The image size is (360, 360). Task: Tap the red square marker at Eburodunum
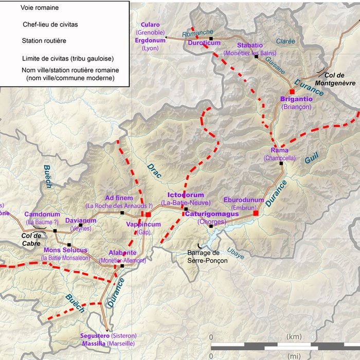click(256, 212)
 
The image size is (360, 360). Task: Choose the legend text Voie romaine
click(40, 8)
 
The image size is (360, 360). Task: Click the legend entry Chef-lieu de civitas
click(50, 24)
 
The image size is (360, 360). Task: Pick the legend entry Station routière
click(44, 40)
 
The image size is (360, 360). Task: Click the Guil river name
click(312, 159)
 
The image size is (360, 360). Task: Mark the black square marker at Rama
click(281, 164)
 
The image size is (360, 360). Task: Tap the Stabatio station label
click(250, 45)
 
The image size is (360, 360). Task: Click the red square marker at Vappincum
click(148, 214)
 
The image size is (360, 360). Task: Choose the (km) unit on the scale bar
click(295, 336)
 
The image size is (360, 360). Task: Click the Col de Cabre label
click(30, 238)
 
